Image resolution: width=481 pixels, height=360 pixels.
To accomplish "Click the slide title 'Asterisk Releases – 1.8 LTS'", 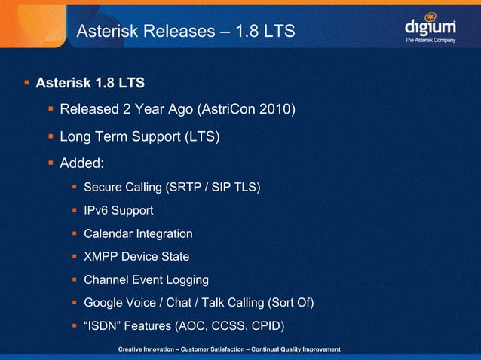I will tap(185, 32).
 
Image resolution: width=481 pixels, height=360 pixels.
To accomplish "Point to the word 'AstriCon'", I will tap(228, 111).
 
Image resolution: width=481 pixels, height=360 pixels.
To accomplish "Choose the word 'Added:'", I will tap(81, 163).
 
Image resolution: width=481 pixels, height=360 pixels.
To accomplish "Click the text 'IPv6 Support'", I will tap(118, 210).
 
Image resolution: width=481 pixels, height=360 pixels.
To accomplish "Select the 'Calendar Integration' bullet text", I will tap(138, 233).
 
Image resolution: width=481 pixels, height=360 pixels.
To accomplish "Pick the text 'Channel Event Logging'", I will tap(146, 280).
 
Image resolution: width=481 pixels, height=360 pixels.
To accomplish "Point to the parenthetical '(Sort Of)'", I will tap(290, 303).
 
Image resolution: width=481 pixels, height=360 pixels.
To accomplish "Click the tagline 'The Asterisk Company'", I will tap(430, 40).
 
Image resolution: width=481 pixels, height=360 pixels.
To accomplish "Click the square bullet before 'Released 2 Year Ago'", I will tap(51, 111).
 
